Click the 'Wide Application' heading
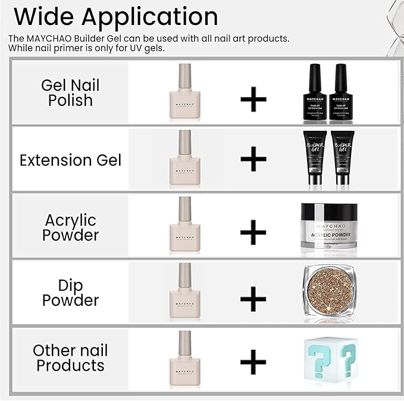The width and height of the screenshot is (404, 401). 115,16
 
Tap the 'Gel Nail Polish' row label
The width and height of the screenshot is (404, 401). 70,93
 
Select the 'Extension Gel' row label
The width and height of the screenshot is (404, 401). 70,160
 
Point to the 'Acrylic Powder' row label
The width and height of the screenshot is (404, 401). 70,227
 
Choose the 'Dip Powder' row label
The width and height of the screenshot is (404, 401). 70,292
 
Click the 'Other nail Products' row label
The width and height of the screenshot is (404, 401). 70,358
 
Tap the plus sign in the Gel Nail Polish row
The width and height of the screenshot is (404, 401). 253,99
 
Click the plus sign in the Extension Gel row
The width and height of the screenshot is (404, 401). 253,160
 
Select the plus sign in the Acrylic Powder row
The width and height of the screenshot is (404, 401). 253,231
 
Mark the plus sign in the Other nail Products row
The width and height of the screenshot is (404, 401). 253,361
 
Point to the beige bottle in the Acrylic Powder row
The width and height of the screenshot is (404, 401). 185,225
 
